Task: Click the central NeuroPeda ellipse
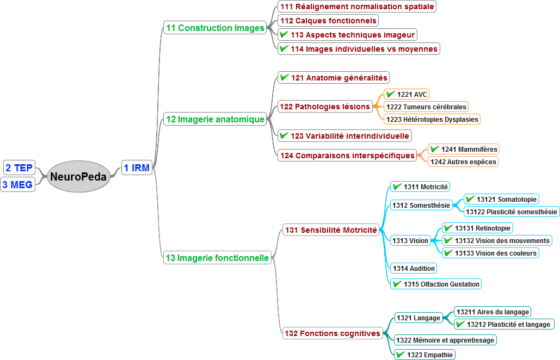tap(78, 176)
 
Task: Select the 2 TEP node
tap(19, 167)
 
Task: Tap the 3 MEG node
tap(17, 184)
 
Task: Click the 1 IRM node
tap(136, 168)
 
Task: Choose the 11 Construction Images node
tap(215, 28)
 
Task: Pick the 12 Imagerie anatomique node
tap(215, 119)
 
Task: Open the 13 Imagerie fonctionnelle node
tap(218, 258)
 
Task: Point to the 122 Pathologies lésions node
tap(325, 107)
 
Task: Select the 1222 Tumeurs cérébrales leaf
tap(426, 107)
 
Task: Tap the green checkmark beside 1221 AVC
tap(391, 94)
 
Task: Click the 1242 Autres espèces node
tap(463, 162)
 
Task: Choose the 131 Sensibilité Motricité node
tap(331, 230)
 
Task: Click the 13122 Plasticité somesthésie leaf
tap(512, 212)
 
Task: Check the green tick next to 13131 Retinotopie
tap(448, 228)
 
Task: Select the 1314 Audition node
tap(414, 268)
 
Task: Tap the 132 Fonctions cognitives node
tap(332, 333)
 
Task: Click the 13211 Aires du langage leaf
tap(493, 312)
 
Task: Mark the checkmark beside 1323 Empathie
tap(401, 355)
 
